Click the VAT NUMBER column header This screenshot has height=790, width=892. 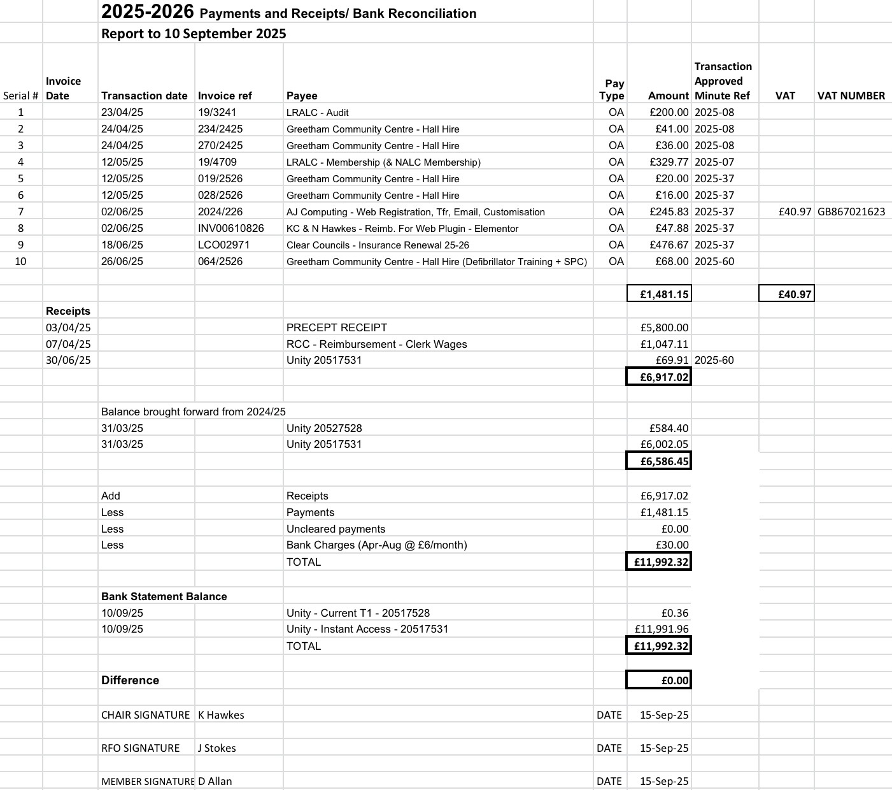851,96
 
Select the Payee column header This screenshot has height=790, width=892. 302,96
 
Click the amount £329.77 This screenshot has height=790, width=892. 669,162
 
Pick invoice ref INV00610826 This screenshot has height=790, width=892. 230,228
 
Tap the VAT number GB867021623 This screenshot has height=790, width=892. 851,212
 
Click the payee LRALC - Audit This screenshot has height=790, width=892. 317,112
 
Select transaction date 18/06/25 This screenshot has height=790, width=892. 122,245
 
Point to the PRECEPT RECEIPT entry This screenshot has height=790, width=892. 336,327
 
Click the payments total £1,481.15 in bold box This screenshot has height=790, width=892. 659,294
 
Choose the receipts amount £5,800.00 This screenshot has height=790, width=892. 664,327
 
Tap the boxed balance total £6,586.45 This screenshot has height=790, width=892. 659,461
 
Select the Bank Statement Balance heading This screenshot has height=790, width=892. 164,596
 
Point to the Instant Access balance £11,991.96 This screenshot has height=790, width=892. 662,629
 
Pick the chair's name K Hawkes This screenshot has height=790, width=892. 221,715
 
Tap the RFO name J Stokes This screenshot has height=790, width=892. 216,748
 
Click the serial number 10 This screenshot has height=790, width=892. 20,261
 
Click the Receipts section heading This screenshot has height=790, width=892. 68,311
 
